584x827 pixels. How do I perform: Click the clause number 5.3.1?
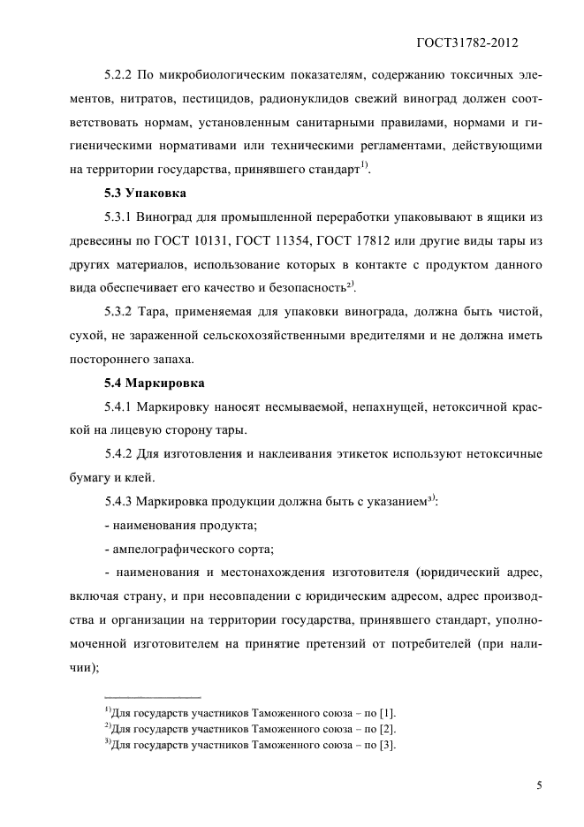(120, 216)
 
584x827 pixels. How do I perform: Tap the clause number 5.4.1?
(120, 407)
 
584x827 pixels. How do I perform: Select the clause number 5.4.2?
(120, 455)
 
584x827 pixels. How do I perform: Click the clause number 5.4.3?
(120, 503)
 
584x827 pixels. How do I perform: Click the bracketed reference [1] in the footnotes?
(388, 713)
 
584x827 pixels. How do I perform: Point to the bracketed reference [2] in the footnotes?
(388, 729)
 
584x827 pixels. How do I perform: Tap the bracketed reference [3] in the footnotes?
(388, 745)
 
